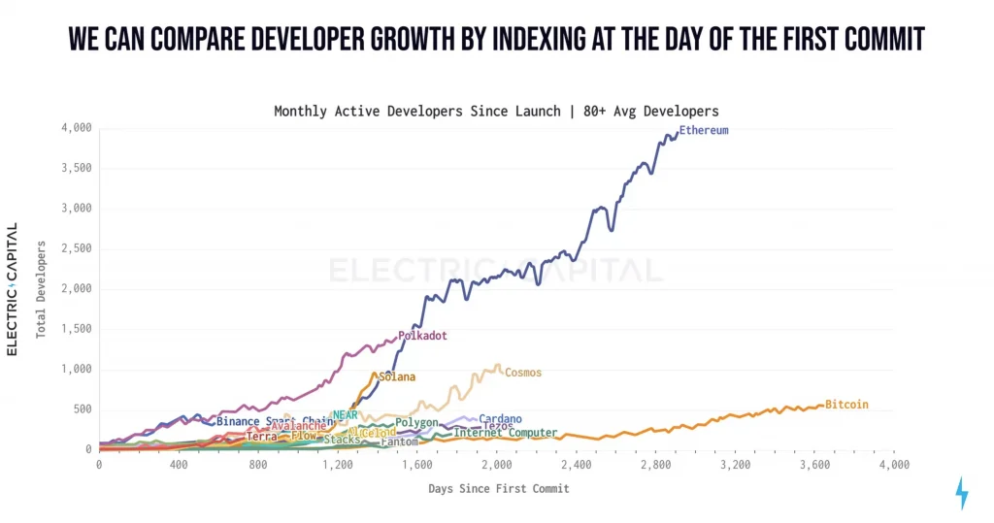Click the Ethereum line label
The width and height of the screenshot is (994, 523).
click(x=704, y=130)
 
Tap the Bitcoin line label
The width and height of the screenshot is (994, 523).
click(x=846, y=405)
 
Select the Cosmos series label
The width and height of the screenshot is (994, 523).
click(x=523, y=373)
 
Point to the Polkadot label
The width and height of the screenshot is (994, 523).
click(x=422, y=336)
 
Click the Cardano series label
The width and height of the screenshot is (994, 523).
click(x=500, y=419)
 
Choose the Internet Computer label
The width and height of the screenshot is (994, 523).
click(x=506, y=433)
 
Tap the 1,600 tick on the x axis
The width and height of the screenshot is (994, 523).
click(x=416, y=466)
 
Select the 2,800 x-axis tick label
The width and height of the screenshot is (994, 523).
click(x=655, y=466)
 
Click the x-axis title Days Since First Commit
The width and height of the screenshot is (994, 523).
click(x=499, y=488)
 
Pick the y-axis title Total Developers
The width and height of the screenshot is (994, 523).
click(x=42, y=288)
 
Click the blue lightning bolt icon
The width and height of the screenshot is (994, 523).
click(x=962, y=493)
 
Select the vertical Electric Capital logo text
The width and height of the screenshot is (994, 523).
click(x=13, y=288)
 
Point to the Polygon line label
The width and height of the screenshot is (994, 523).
click(x=416, y=423)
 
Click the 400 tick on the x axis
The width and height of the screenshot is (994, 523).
click(x=179, y=466)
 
